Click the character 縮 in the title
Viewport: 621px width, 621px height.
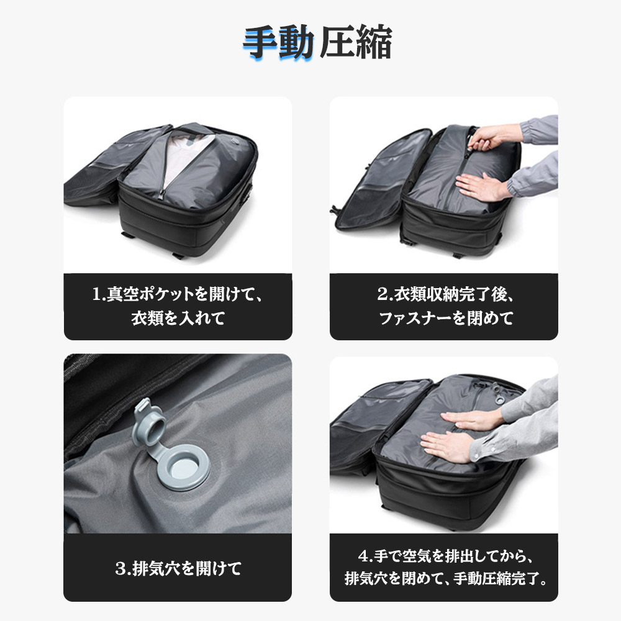click(374, 42)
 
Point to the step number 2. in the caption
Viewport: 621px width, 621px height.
click(385, 294)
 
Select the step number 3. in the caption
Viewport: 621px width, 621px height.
click(123, 569)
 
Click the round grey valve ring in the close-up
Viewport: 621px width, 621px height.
click(183, 468)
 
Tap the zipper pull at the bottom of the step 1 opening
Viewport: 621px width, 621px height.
click(161, 194)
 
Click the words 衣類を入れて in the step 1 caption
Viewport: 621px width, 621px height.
click(178, 318)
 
